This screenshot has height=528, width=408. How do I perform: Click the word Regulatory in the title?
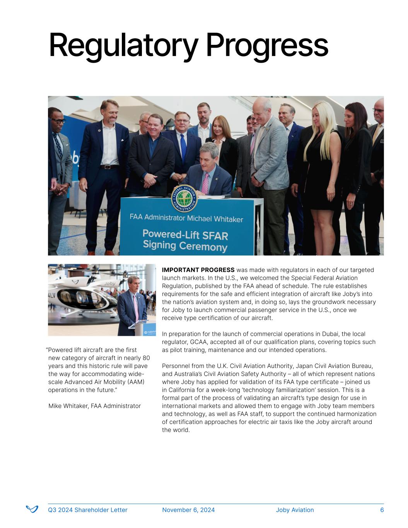123,46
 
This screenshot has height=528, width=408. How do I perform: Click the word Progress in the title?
267,46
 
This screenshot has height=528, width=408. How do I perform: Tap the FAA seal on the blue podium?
184,198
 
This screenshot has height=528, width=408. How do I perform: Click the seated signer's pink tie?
205,183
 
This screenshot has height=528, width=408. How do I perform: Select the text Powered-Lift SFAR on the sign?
185,234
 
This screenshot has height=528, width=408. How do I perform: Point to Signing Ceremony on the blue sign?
185,246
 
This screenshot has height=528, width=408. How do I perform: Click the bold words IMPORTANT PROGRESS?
198,270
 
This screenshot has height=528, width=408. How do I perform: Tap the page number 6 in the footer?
382,510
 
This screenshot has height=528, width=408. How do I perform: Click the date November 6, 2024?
188,510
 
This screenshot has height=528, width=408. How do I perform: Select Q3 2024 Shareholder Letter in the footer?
87,510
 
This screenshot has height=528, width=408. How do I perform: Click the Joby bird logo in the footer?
32,509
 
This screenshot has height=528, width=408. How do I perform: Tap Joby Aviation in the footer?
295,510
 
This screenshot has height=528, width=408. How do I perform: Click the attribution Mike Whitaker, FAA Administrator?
94,406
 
